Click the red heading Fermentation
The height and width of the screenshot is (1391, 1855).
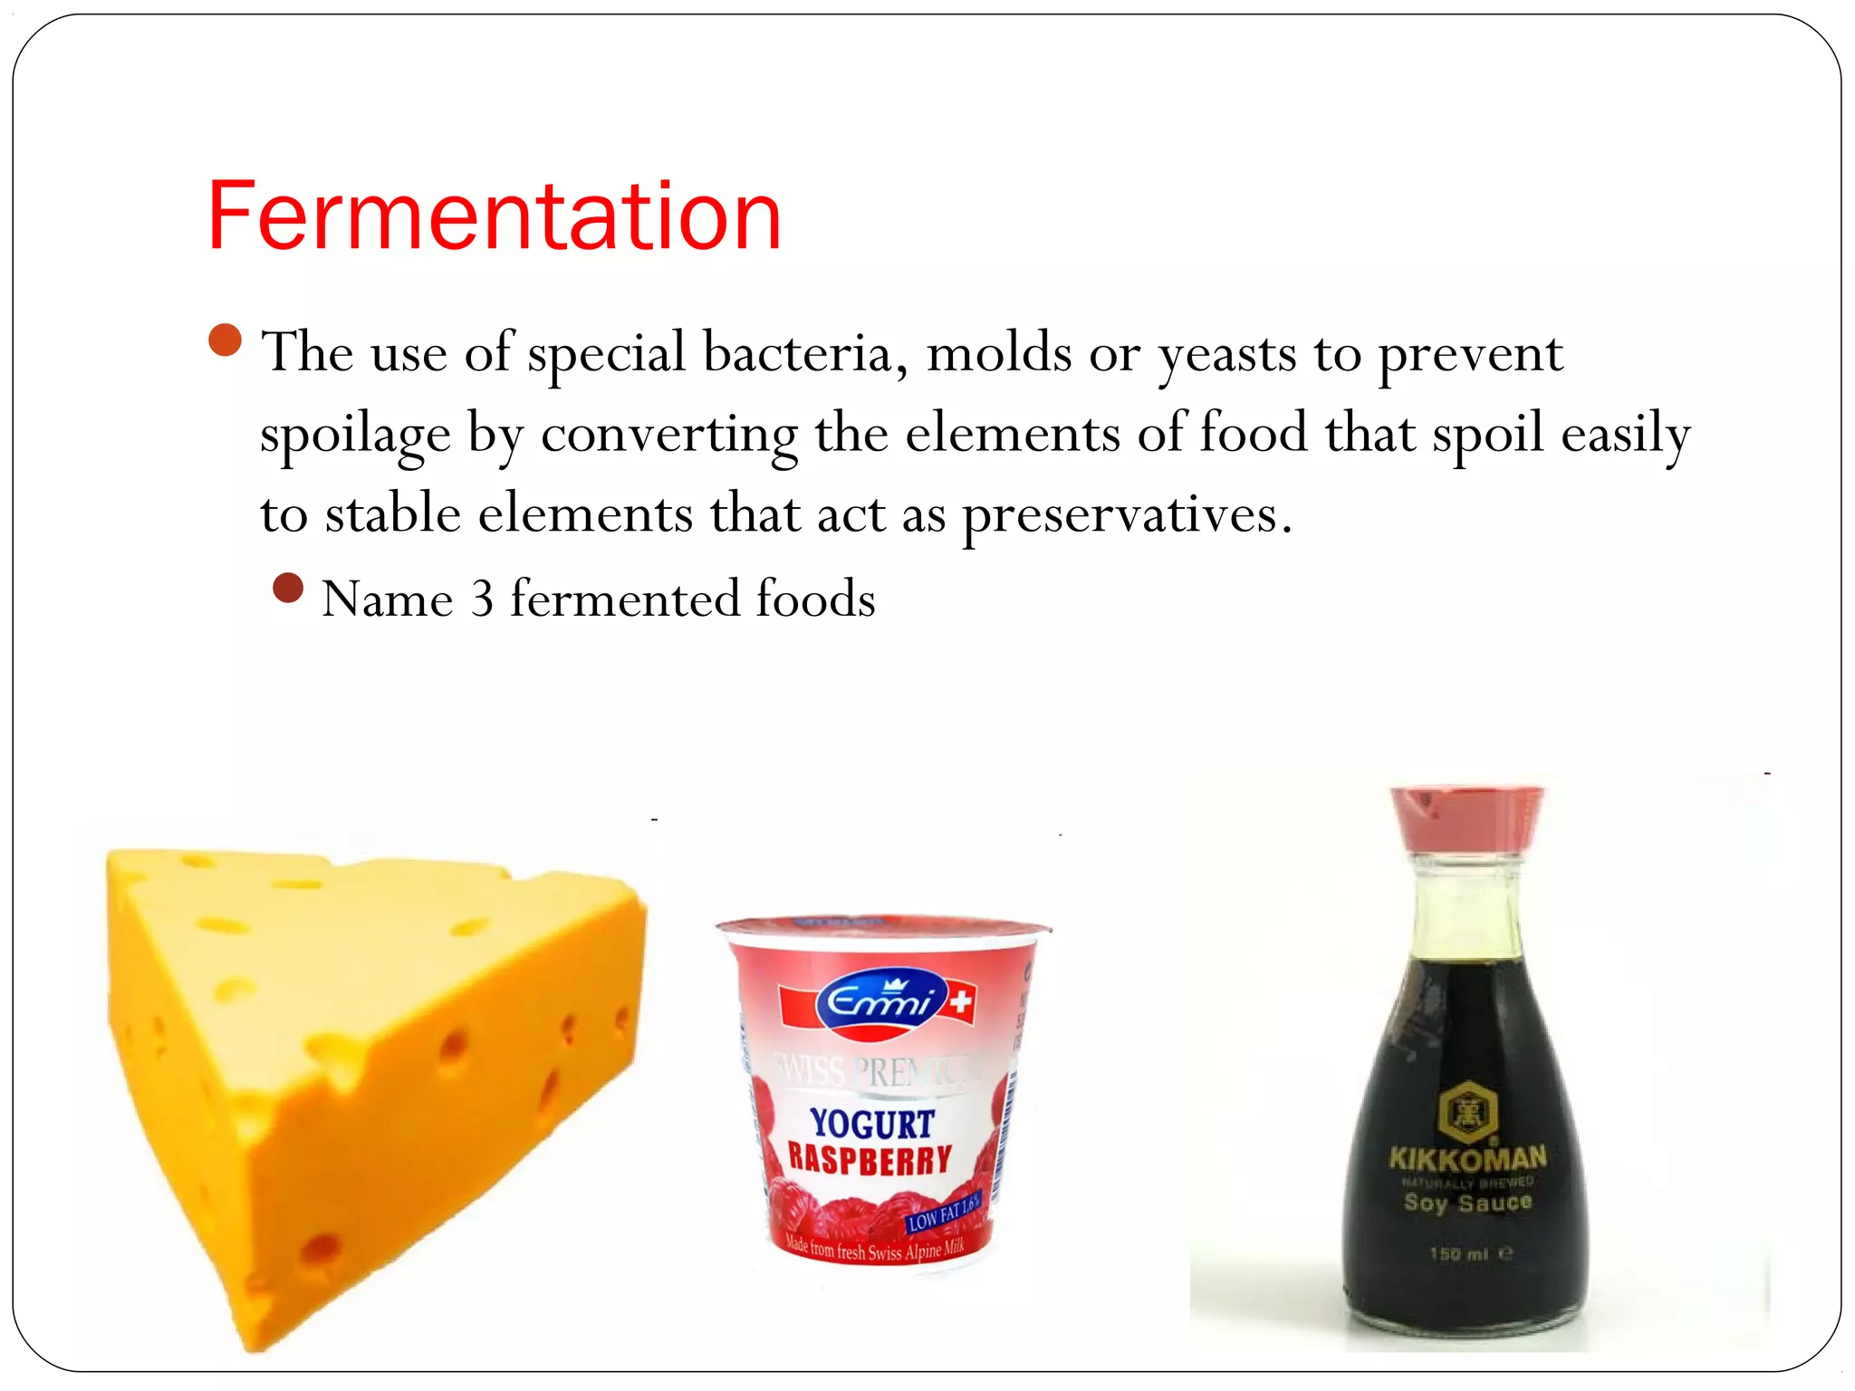tap(494, 216)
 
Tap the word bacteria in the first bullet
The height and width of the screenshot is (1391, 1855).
tap(805, 352)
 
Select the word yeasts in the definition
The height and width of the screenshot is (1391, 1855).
tap(1227, 354)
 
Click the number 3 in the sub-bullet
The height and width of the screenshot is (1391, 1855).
tap(482, 599)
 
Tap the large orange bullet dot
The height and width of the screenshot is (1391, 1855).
tap(225, 341)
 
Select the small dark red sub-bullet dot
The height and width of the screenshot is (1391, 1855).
tap(288, 588)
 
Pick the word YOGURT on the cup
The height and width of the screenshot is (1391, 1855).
tap(872, 1124)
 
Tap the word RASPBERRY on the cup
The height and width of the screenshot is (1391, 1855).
tap(870, 1159)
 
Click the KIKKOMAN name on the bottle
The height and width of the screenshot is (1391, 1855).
tap(1467, 1157)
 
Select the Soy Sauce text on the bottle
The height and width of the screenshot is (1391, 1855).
tap(1467, 1203)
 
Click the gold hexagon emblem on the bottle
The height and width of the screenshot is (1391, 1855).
tap(1467, 1110)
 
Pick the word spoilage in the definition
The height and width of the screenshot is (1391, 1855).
tap(355, 434)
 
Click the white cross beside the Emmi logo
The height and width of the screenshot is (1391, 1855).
tap(961, 1002)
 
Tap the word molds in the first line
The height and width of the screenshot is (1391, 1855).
tap(999, 352)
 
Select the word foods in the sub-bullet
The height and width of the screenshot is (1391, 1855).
tap(815, 599)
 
